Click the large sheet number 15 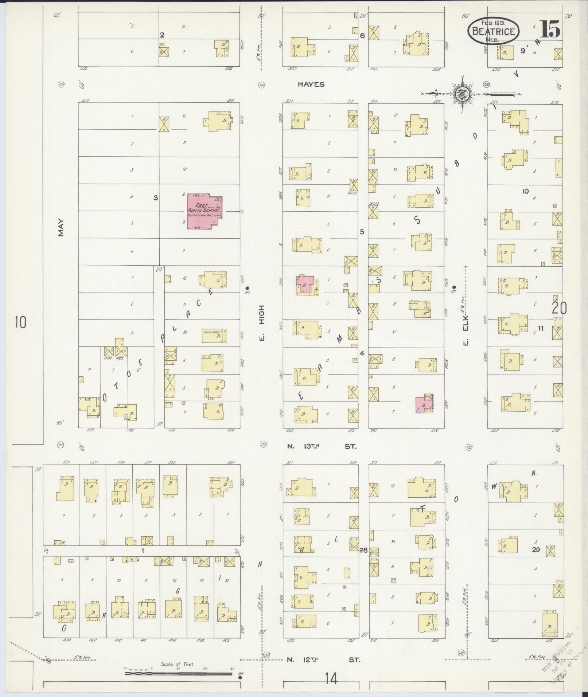click(x=549, y=29)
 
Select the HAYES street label click(x=311, y=85)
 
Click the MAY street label click(x=61, y=227)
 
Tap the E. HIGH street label click(x=262, y=324)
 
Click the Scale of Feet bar click(x=179, y=673)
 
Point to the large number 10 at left click(x=21, y=322)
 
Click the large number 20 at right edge click(x=559, y=308)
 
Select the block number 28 click(x=363, y=550)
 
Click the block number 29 click(x=535, y=549)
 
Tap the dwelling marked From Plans click(x=214, y=336)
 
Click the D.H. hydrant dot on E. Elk click(x=454, y=286)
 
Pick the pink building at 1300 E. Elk click(x=424, y=404)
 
